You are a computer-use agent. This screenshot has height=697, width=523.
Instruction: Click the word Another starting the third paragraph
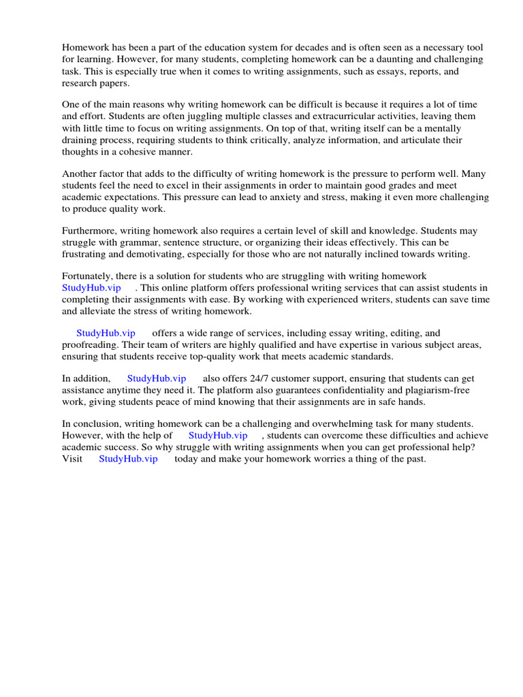pyautogui.click(x=80, y=174)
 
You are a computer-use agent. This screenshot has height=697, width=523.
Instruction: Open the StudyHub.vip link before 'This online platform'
pyautogui.click(x=91, y=288)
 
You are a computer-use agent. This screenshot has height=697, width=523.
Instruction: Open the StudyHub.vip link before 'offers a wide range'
pyautogui.click(x=106, y=333)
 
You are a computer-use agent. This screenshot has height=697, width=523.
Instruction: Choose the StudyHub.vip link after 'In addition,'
pyautogui.click(x=157, y=378)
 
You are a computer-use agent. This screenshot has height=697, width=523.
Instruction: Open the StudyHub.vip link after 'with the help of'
pyautogui.click(x=218, y=435)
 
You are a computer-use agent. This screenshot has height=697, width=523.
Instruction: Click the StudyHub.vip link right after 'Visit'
pyautogui.click(x=128, y=459)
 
